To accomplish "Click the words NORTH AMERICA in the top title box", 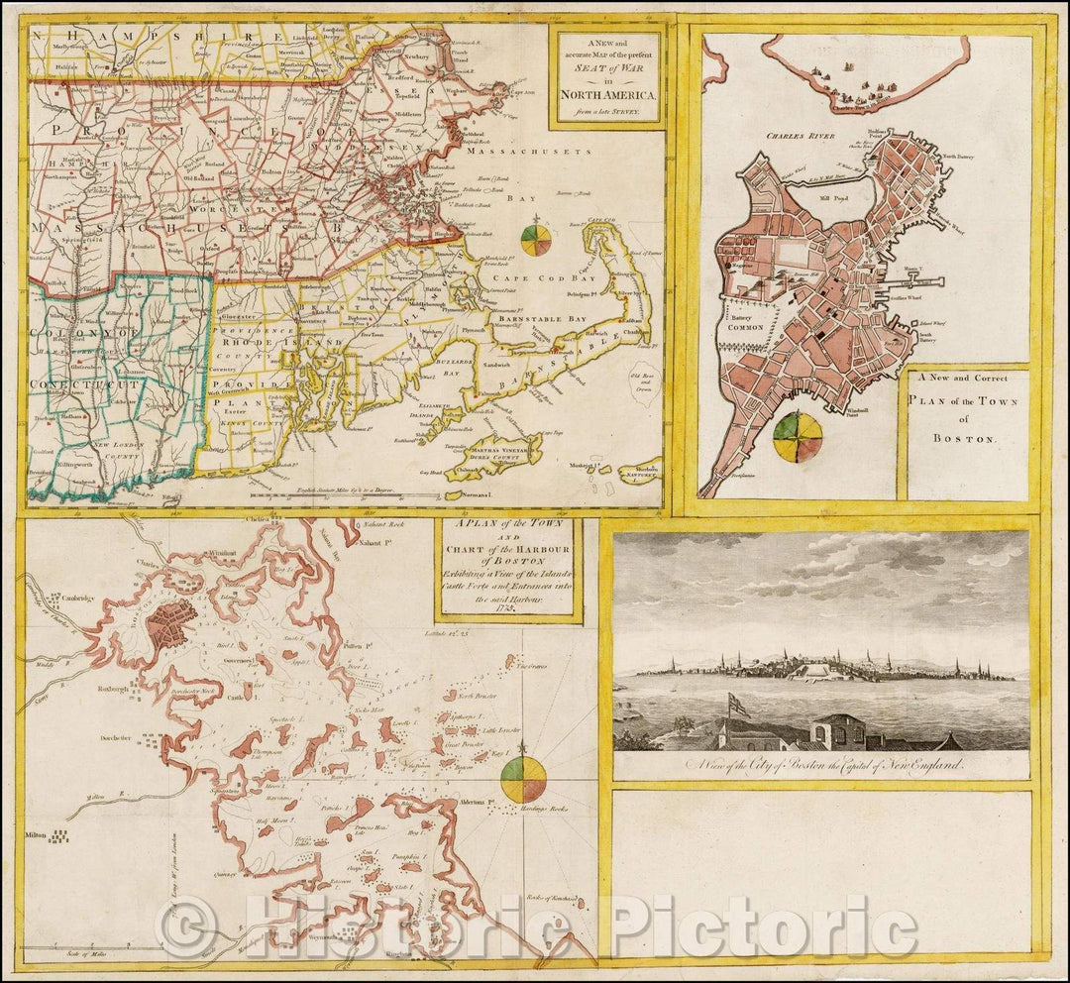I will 606,95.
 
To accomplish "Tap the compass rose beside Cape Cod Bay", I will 536,243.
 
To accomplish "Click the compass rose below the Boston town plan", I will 798,437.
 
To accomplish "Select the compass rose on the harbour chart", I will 524,778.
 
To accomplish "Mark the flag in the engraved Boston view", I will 737,705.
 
